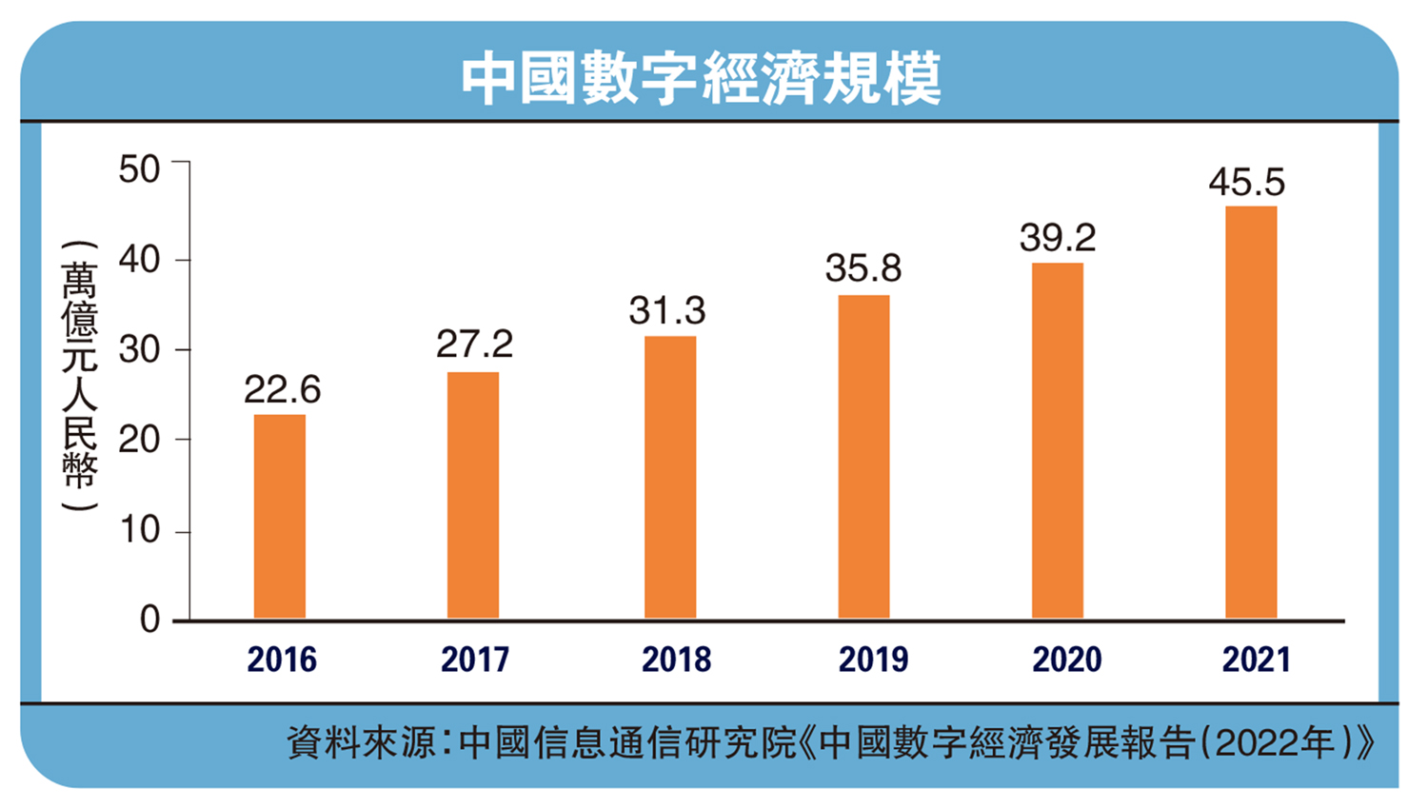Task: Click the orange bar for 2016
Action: [x=280, y=517]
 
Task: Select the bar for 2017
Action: [x=473, y=495]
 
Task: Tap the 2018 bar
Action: [x=670, y=477]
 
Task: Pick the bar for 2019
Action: [x=863, y=457]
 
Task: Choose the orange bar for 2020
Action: [x=1058, y=441]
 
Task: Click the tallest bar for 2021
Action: [x=1251, y=412]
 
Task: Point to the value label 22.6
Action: [x=282, y=389]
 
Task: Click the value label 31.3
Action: [x=666, y=310]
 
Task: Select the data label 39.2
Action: [x=1058, y=238]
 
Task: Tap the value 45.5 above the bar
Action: [x=1246, y=182]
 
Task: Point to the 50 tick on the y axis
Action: [x=139, y=169]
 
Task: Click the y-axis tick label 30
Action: [x=139, y=350]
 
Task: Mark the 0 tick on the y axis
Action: [x=149, y=621]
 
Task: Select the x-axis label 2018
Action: [x=676, y=660]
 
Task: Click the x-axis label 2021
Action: [x=1256, y=660]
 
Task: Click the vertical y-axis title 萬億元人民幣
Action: [x=80, y=376]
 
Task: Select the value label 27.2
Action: [x=474, y=345]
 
